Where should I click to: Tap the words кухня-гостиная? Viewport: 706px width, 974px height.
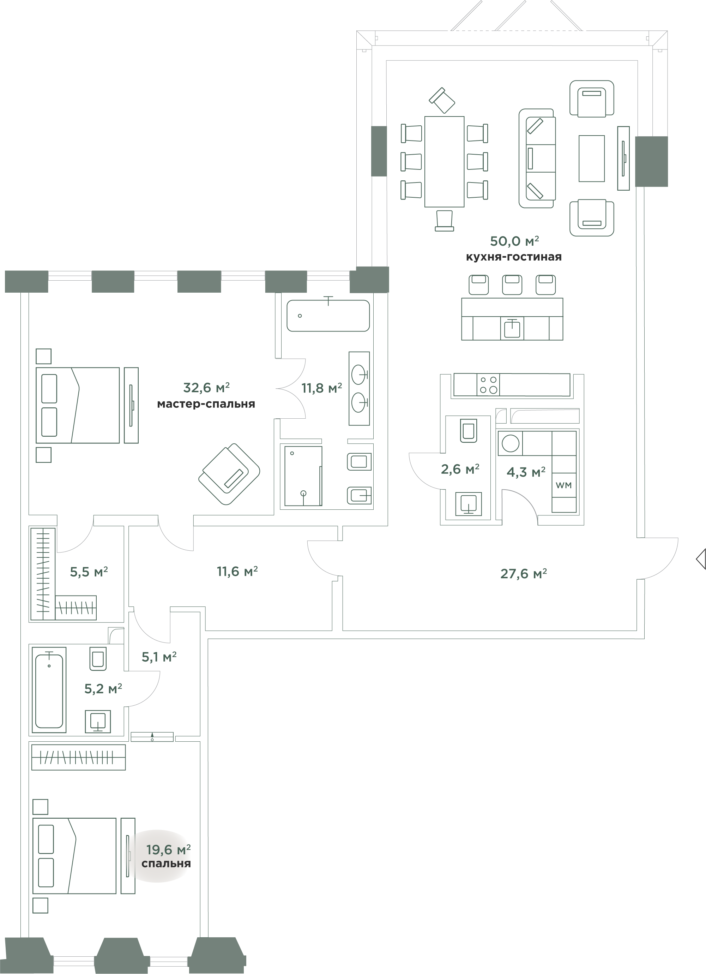tap(514, 257)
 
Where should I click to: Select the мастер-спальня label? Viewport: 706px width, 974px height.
tap(206, 404)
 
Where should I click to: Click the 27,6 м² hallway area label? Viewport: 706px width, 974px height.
tap(524, 573)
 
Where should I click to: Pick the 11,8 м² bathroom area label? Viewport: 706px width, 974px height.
tap(321, 388)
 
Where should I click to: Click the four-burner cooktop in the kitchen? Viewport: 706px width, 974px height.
tap(488, 385)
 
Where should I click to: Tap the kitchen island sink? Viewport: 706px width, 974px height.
tap(512, 329)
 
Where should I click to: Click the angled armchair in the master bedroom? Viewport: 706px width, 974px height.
tap(229, 474)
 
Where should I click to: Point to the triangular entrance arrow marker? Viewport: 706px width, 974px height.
tap(700, 559)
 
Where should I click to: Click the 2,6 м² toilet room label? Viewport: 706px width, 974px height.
tap(460, 469)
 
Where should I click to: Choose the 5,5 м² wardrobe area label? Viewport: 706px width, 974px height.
tap(89, 571)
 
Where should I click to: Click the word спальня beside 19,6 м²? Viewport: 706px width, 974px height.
tap(166, 864)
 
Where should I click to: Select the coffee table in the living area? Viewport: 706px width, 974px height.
tap(591, 159)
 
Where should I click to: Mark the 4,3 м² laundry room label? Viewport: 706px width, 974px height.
tap(526, 472)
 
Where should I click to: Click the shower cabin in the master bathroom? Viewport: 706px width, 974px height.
tap(303, 476)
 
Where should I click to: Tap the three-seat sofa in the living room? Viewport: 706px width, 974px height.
tap(537, 159)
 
